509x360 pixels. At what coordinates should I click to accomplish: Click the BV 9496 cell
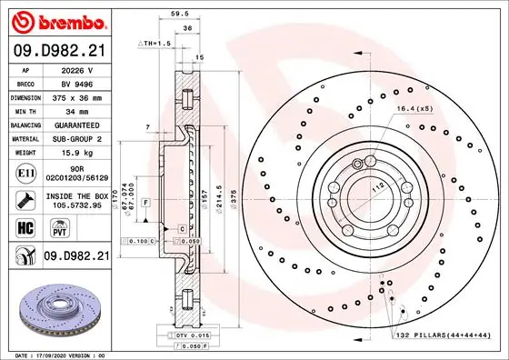76,82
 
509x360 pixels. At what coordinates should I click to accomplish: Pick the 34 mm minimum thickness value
76,110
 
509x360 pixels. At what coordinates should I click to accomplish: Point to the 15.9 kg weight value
76,152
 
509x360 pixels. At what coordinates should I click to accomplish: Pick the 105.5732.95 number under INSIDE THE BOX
76,205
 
